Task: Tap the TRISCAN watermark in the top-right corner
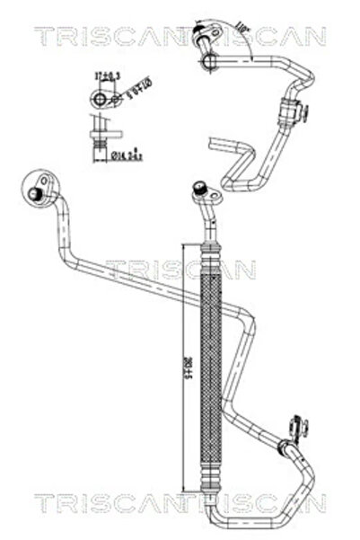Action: tap(269, 35)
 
